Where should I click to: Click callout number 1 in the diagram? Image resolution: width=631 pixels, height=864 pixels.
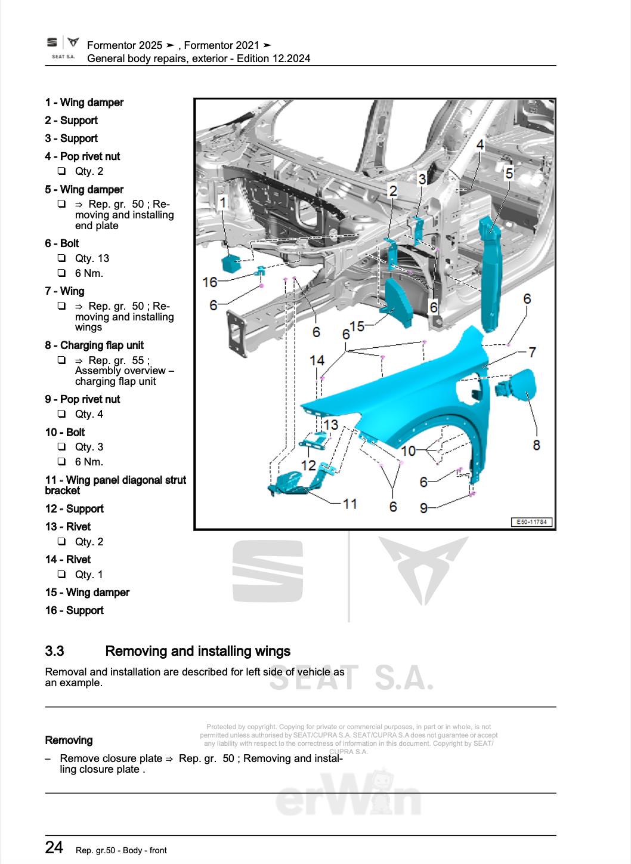pyautogui.click(x=223, y=203)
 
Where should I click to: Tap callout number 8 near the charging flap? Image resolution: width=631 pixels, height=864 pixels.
pyautogui.click(x=536, y=445)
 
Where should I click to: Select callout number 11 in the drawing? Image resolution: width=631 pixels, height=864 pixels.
pyautogui.click(x=350, y=504)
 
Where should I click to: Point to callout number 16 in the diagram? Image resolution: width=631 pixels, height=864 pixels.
pyautogui.click(x=210, y=281)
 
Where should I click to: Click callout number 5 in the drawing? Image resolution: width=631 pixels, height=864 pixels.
pyautogui.click(x=509, y=174)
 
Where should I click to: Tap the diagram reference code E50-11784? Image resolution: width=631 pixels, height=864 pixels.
pyautogui.click(x=532, y=523)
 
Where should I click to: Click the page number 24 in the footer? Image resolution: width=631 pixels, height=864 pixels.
pyautogui.click(x=54, y=847)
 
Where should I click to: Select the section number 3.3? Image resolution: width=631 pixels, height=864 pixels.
pyautogui.click(x=55, y=651)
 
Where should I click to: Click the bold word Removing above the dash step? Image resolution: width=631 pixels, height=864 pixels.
pyautogui.click(x=69, y=740)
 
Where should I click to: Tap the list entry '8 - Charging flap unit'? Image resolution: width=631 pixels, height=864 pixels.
pyautogui.click(x=94, y=345)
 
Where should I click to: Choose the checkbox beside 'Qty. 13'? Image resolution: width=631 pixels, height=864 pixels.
pyautogui.click(x=61, y=258)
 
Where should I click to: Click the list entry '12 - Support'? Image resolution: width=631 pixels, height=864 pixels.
pyautogui.click(x=74, y=508)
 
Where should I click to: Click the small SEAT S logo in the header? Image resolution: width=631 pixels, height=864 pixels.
pyautogui.click(x=53, y=43)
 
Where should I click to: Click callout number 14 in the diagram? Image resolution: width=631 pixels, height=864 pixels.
pyautogui.click(x=317, y=360)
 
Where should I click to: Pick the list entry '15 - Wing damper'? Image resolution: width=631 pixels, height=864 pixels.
pyautogui.click(x=87, y=592)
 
